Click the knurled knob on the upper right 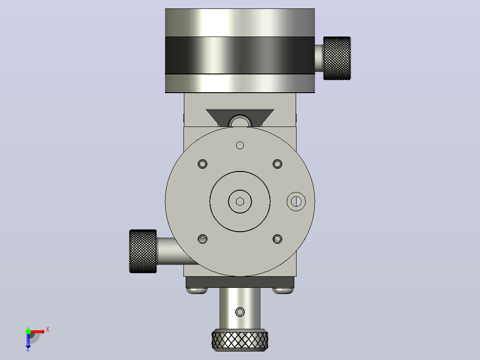pos(337,58)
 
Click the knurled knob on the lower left pos(143,251)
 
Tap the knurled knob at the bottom pos(240,340)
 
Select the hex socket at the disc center pos(240,201)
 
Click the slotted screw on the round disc pos(296,201)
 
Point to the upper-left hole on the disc pos(202,164)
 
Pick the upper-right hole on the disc pos(277,164)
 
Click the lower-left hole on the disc pos(202,239)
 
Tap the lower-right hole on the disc pos(277,239)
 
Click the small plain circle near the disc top pos(240,145)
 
